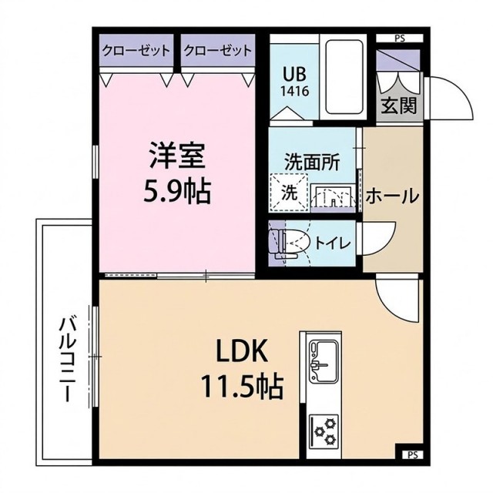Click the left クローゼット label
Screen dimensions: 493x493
[x=136, y=52]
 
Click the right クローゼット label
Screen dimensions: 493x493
[x=217, y=52]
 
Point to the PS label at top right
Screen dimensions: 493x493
[x=399, y=37]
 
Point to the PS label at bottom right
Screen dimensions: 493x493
[x=412, y=454]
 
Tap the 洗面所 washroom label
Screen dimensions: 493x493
[x=312, y=163]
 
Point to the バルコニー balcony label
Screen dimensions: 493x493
[x=67, y=359]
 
